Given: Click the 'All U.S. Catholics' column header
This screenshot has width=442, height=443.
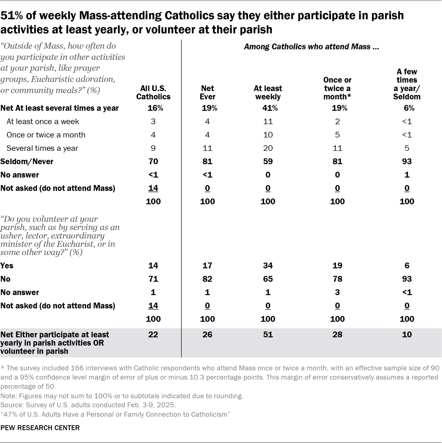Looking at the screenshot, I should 153,92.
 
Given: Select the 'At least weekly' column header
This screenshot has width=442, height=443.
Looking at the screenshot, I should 268,92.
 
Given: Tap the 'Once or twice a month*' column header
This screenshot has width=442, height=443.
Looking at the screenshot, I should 337,88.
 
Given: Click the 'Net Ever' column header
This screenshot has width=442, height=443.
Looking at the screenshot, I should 207,92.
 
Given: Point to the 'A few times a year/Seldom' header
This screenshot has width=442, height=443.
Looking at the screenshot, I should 407,84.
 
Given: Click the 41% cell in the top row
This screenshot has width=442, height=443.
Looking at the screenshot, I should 270,108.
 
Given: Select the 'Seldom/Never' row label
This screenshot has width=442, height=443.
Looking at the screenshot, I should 27,161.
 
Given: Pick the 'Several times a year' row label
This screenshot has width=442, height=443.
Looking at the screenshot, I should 42,148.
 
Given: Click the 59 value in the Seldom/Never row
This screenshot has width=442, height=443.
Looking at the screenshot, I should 268,161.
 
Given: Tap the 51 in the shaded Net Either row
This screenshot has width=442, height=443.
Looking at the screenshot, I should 268,334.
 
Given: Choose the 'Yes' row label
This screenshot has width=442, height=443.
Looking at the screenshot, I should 7,266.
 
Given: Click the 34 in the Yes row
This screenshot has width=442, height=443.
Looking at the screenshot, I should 268,266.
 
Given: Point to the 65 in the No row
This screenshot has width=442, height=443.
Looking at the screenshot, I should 268,279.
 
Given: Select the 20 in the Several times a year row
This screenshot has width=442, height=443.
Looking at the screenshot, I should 268,148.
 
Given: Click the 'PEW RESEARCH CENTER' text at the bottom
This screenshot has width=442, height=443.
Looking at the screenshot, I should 40,428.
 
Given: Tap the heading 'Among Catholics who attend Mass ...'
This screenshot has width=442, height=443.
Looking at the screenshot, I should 311,47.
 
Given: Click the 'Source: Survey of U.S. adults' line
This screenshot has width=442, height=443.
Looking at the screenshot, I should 88,405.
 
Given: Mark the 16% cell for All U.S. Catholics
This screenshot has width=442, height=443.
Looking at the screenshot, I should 155,108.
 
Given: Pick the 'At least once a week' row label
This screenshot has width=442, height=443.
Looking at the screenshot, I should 43,121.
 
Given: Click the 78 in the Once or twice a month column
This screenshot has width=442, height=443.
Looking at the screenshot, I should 337,279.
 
